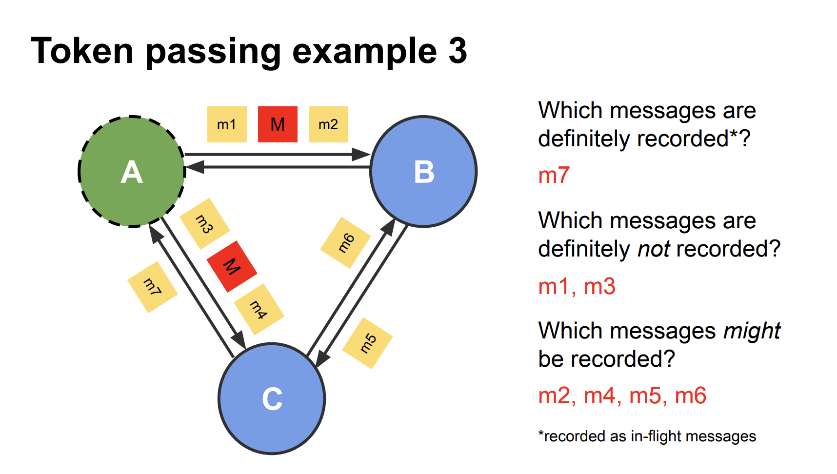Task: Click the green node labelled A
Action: (132, 172)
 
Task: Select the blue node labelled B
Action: (423, 172)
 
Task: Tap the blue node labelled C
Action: (272, 398)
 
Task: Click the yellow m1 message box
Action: (227, 124)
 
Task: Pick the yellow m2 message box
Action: (328, 124)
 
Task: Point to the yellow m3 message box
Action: (205, 224)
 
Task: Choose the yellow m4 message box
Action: (259, 309)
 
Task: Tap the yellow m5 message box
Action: (368, 343)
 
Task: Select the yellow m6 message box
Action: (345, 242)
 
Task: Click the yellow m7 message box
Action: (152, 287)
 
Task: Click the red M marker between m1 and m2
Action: (278, 124)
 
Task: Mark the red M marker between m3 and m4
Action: (232, 266)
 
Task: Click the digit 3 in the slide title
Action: (458, 51)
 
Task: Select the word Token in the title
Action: (82, 51)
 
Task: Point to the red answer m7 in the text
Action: (554, 176)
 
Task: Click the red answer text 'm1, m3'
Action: (577, 286)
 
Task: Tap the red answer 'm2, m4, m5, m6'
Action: (622, 395)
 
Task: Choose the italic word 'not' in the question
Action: (654, 249)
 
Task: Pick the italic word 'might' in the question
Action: (751, 331)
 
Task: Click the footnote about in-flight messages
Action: (647, 436)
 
